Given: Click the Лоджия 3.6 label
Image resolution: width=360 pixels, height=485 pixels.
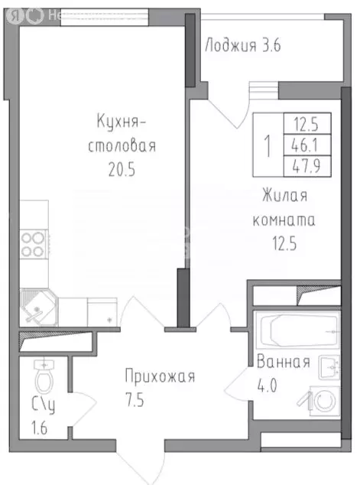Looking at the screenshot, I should coord(243,45).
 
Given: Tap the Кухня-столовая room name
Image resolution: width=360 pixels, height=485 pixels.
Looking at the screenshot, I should coord(127,132).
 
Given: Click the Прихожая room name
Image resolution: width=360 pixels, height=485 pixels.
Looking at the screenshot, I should coord(161,376).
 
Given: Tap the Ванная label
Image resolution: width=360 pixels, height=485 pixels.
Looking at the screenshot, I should coord(284,363).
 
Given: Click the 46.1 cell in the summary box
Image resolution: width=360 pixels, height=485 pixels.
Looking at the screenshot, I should coord(302,143).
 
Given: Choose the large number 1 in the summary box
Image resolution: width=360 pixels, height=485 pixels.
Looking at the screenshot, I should coord(267,144).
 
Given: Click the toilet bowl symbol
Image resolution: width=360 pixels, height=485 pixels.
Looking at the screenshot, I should coord(44,377).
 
